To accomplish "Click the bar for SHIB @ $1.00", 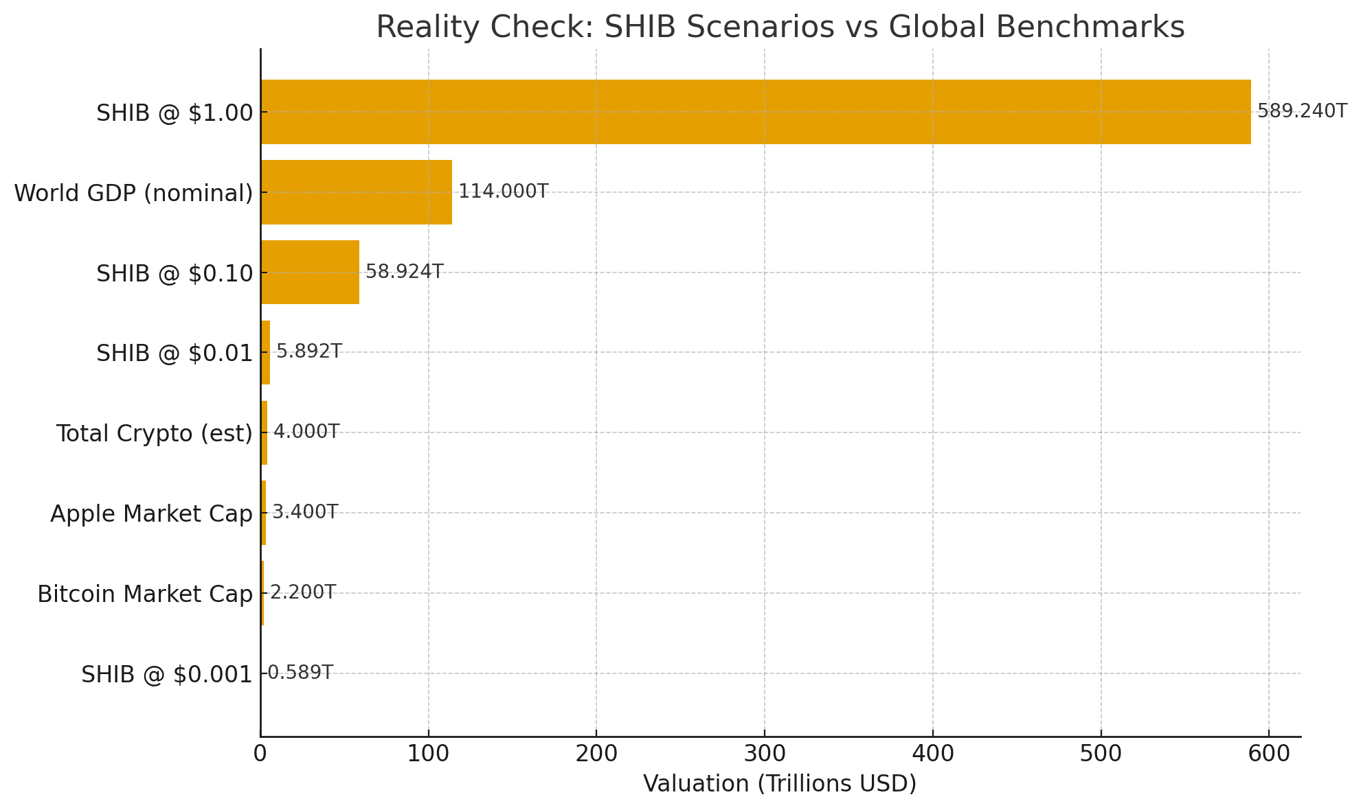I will coord(756,112).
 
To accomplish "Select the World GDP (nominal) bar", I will coord(357,192).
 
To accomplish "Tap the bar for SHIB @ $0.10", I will coord(310,273).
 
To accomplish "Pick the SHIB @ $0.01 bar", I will coord(265,352).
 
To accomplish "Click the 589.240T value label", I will coord(1302,111).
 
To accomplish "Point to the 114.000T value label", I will coord(503,192).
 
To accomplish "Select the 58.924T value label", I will coord(404,272).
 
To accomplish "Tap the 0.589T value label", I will coord(300,673).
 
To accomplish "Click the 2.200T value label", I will coord(302,592).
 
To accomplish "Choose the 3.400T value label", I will coord(305,512).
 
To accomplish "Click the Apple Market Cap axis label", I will coord(151,513).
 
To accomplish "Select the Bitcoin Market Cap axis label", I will coord(145,594).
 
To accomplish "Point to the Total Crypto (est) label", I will coord(155,433).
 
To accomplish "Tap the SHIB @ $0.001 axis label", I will coord(167,674).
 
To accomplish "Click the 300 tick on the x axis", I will coord(765,754).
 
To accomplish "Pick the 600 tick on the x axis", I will coord(1269,754).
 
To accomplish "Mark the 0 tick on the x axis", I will coord(260,754).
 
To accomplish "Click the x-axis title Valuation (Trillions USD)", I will coord(780,784).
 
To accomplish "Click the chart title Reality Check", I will coord(780,27).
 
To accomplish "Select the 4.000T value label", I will coord(306,432).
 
